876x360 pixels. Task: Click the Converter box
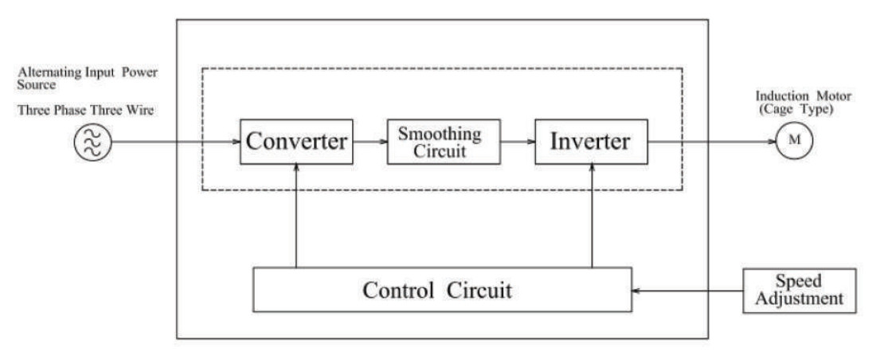pyautogui.click(x=297, y=142)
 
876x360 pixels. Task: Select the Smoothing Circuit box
pyautogui.click(x=444, y=142)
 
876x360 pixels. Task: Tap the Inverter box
pyautogui.click(x=591, y=142)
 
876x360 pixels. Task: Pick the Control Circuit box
pyautogui.click(x=443, y=290)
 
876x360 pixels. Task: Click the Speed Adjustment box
pyautogui.click(x=800, y=290)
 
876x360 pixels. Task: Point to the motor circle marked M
pyautogui.click(x=794, y=140)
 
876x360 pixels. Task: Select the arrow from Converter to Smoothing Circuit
pyautogui.click(x=370, y=142)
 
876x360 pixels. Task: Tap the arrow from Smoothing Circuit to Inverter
pyautogui.click(x=518, y=142)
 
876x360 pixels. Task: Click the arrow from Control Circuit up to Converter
pyautogui.click(x=297, y=216)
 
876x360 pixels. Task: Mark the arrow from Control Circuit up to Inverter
pyautogui.click(x=591, y=216)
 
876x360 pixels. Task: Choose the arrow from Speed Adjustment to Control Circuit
pyautogui.click(x=688, y=291)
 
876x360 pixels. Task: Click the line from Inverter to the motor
pyautogui.click(x=712, y=142)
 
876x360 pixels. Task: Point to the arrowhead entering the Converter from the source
pyautogui.click(x=237, y=142)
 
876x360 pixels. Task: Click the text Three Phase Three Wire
pyautogui.click(x=86, y=110)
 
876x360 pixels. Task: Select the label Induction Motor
pyautogui.click(x=804, y=96)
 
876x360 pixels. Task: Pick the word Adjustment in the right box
pyautogui.click(x=800, y=299)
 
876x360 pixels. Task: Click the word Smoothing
pyautogui.click(x=440, y=134)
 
